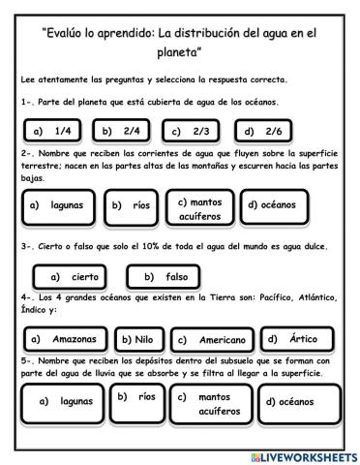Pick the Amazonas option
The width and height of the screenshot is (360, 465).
point(65,339)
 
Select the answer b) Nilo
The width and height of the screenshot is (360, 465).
point(139,340)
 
